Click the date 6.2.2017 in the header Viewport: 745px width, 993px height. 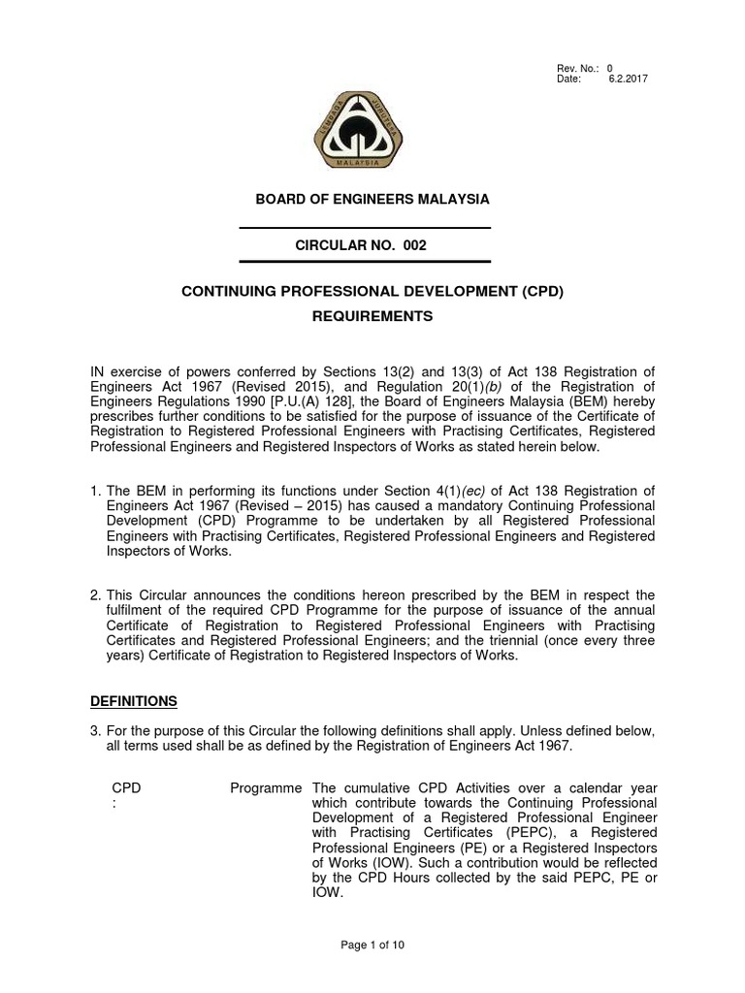(628, 79)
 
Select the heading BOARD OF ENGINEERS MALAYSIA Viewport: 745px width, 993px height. (372, 199)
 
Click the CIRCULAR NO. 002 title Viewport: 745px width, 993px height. (360, 246)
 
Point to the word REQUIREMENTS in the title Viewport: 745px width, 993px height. (372, 317)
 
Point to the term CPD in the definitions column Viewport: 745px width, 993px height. (127, 788)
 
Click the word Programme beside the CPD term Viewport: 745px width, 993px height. (266, 788)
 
